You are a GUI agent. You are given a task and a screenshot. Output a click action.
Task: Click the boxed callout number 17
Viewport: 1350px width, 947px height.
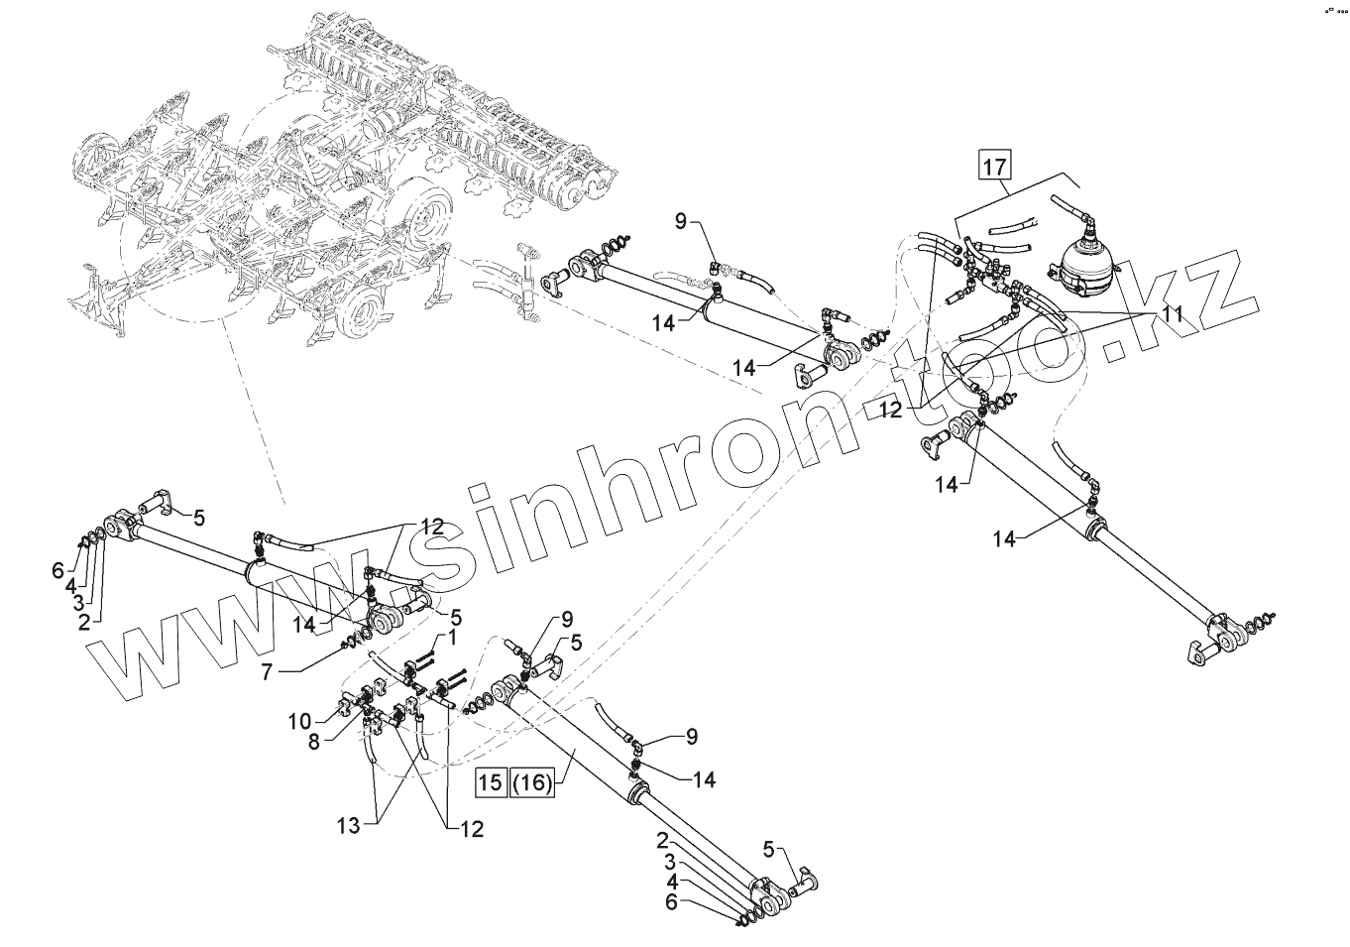994,166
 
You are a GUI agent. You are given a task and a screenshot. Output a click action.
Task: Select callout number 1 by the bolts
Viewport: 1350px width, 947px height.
452,638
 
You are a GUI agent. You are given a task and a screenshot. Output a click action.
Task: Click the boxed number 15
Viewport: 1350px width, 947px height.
491,781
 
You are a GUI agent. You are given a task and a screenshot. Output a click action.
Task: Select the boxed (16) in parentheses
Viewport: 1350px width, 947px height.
532,781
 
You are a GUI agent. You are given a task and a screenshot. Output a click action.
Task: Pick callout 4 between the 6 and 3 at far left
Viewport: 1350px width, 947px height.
70,585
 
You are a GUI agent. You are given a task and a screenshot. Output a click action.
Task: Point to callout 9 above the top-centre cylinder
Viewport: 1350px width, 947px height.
681,221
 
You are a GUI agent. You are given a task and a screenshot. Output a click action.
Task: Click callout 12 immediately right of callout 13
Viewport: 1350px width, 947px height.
471,829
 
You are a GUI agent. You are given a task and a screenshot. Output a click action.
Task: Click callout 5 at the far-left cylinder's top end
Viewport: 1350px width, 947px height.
199,517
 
